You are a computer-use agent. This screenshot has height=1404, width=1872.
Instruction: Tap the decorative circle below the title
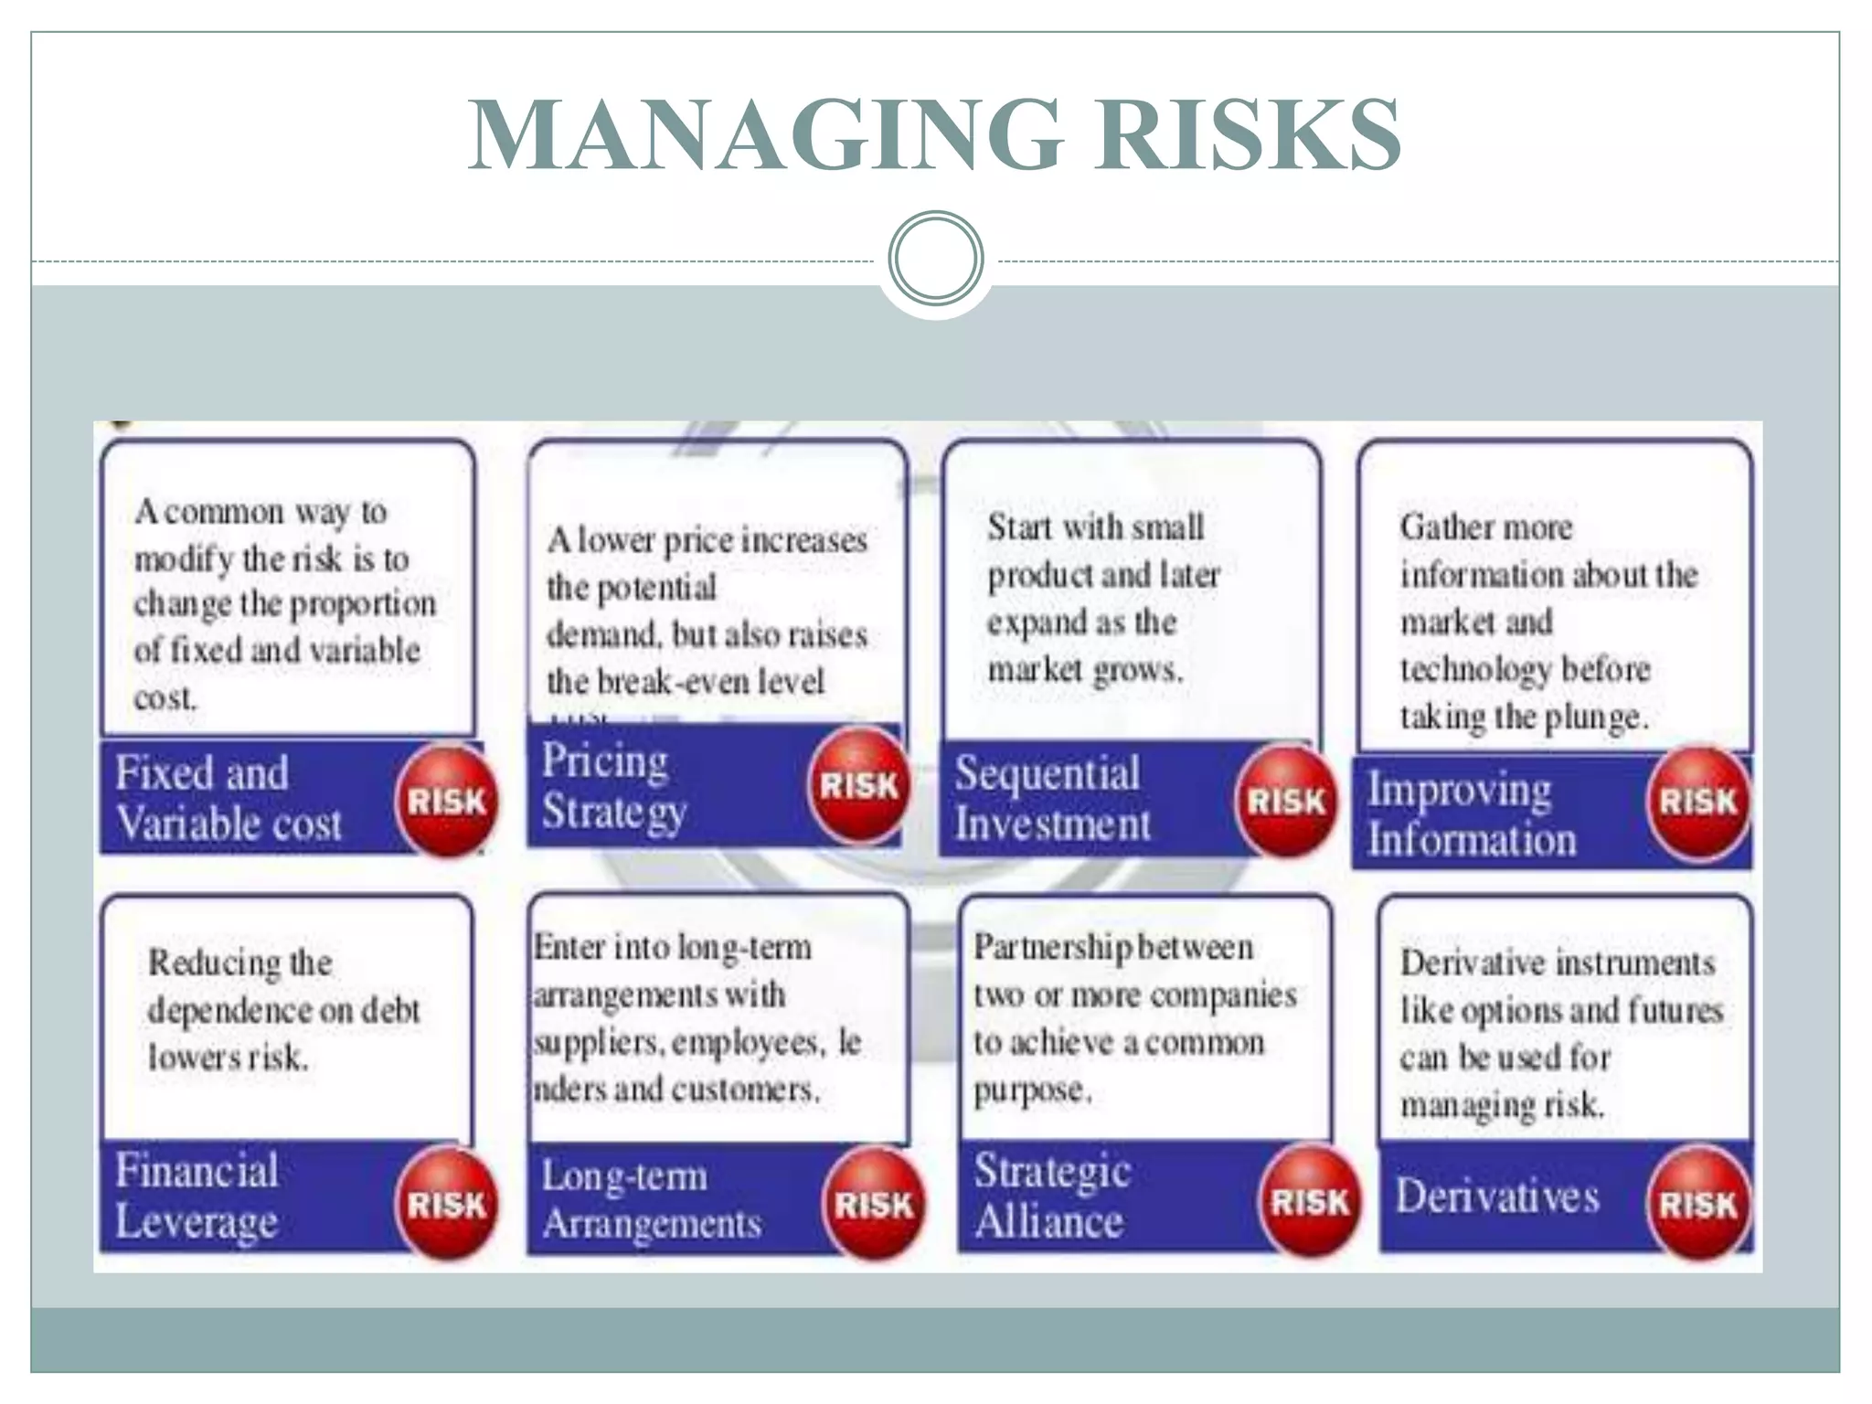935,258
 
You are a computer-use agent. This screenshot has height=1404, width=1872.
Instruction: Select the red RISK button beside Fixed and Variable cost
446,801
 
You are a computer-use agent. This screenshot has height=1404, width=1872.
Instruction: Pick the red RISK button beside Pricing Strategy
858,784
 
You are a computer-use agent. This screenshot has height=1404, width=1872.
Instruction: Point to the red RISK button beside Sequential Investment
1286,801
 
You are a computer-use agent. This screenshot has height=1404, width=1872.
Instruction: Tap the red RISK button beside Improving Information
1697,802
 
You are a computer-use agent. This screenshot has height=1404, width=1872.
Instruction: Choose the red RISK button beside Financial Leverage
446,1204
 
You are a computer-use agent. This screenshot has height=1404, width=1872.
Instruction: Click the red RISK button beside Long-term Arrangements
874,1204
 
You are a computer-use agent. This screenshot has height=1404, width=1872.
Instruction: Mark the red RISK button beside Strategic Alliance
1310,1202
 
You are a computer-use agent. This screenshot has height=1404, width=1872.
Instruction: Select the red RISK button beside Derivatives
1697,1204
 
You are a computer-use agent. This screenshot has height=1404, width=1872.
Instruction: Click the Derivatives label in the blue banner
1497,1196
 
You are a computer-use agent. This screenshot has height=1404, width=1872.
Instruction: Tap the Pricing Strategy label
612,786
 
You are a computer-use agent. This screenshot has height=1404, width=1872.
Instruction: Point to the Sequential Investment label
1051,798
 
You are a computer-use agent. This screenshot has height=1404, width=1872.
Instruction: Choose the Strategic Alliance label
1051,1196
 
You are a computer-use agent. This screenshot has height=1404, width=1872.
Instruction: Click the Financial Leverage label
197,1196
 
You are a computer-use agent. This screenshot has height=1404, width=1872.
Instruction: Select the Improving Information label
1471,814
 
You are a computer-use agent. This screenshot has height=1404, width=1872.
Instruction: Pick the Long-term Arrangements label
650,1199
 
